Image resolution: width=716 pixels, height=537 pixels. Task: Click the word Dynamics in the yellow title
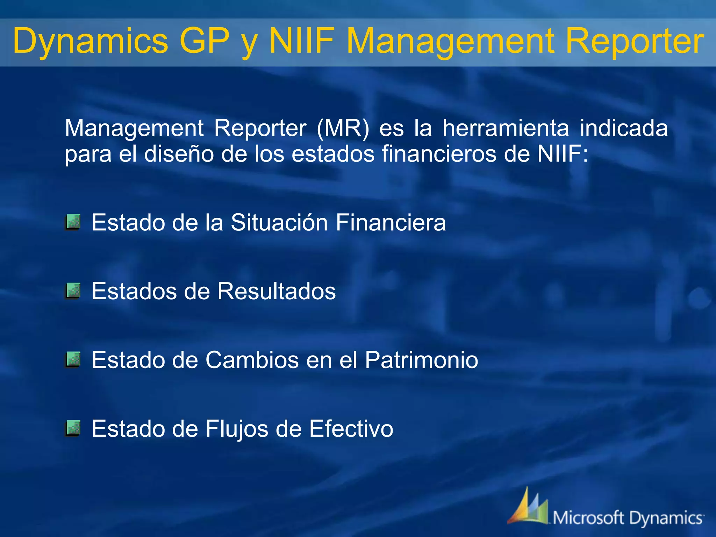[91, 41]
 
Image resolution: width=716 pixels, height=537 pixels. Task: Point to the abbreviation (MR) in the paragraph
[343, 128]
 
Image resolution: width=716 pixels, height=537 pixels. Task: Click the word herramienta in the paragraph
[506, 128]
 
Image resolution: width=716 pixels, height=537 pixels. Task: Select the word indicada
[624, 128]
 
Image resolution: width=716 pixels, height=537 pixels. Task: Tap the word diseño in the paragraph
[179, 154]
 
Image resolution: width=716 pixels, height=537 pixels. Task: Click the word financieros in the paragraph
[439, 154]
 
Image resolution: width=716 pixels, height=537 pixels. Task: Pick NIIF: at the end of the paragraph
[563, 154]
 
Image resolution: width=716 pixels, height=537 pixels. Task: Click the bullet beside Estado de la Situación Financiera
[73, 222]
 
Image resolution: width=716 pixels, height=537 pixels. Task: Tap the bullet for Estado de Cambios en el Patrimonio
[73, 360]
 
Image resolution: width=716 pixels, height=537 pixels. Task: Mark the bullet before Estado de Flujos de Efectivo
[73, 429]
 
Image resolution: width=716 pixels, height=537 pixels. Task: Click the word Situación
[279, 222]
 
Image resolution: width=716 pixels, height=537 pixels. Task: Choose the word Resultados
[276, 291]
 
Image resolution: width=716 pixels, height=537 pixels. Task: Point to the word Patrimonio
[421, 360]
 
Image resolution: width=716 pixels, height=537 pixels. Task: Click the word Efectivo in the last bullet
[351, 429]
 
